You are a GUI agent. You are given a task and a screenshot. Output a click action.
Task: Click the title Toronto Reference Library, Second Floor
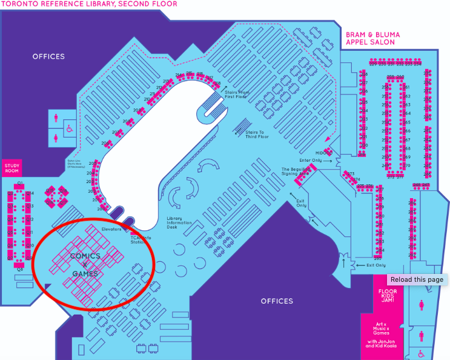point(88,4)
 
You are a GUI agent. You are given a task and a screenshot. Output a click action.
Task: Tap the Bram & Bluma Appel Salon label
point(370,38)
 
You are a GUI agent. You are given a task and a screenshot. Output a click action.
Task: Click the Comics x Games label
point(85,265)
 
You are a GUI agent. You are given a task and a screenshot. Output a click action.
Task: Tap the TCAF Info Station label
point(140,240)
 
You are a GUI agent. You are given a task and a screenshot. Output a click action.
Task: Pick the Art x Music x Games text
point(382,328)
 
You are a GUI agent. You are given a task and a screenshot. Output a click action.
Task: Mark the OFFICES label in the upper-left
point(48,56)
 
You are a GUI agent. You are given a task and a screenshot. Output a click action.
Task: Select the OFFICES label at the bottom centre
point(277,301)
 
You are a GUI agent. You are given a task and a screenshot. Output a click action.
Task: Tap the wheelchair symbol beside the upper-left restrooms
point(70,128)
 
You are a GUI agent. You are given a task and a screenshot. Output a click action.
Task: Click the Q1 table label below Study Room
point(20,183)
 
